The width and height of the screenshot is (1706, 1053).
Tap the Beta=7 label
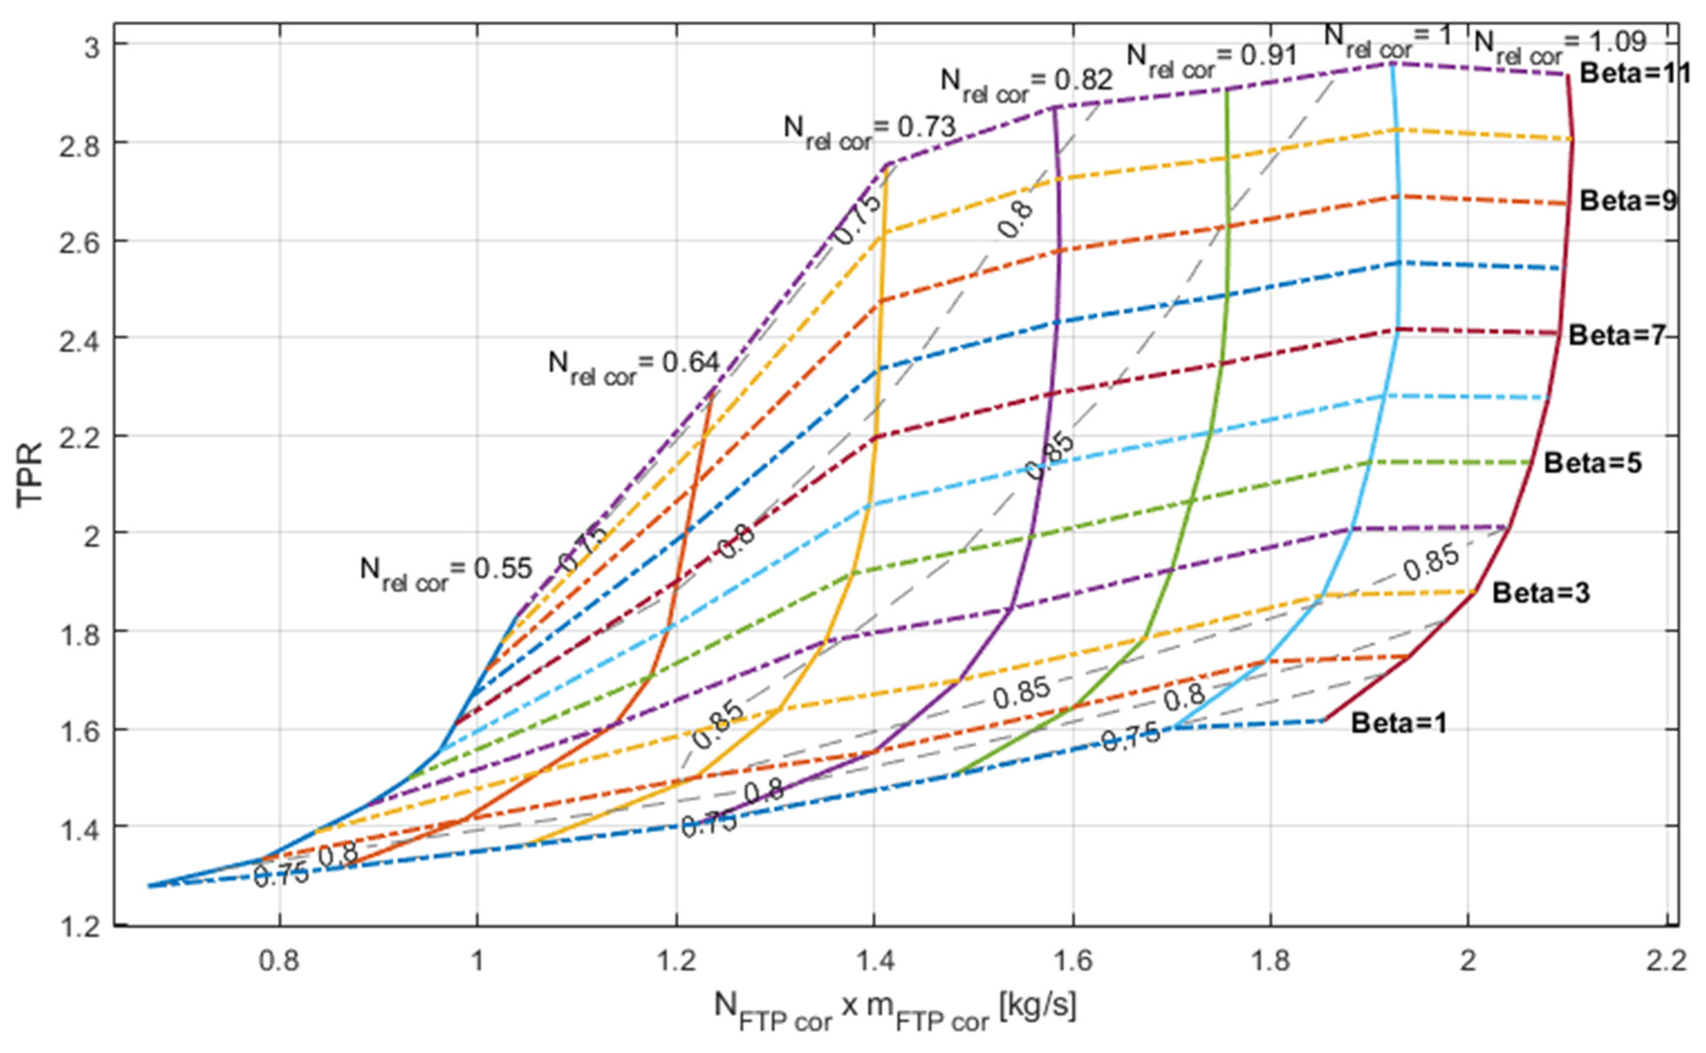1616,336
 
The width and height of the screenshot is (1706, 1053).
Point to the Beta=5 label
1592,463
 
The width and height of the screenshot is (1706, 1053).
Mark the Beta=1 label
1399,724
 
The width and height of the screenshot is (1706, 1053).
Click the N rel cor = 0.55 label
446,573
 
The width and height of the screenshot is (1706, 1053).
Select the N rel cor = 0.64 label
633,366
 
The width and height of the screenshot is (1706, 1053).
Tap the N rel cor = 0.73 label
869,130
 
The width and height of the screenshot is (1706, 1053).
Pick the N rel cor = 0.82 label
1026,84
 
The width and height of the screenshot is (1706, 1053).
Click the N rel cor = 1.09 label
1560,45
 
